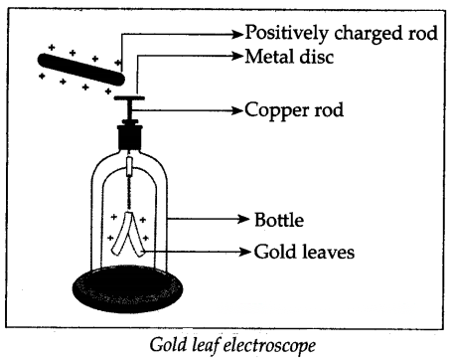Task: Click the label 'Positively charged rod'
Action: pyautogui.click(x=341, y=33)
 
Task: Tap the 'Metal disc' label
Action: pyautogui.click(x=289, y=57)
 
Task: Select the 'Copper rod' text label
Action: pyautogui.click(x=294, y=110)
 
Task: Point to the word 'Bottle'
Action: pyautogui.click(x=279, y=220)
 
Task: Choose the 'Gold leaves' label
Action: pyautogui.click(x=304, y=252)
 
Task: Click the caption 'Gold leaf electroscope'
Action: pyautogui.click(x=232, y=345)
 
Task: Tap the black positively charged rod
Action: pyautogui.click(x=81, y=70)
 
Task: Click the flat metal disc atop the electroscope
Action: pyautogui.click(x=129, y=97)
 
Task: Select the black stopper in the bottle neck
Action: pyautogui.click(x=129, y=136)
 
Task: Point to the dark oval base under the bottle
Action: pyautogui.click(x=127, y=288)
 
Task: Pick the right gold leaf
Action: pyautogui.click(x=135, y=235)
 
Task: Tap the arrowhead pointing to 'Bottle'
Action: pyautogui.click(x=243, y=219)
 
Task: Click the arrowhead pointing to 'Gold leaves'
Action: pyautogui.click(x=245, y=252)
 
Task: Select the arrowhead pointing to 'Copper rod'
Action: pyautogui.click(x=237, y=110)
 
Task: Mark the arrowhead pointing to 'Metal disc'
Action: pyautogui.click(x=237, y=56)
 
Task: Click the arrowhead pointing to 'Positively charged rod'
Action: pyautogui.click(x=237, y=34)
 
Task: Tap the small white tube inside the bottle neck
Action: pyautogui.click(x=129, y=166)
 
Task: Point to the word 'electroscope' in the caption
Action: pyautogui.click(x=269, y=345)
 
